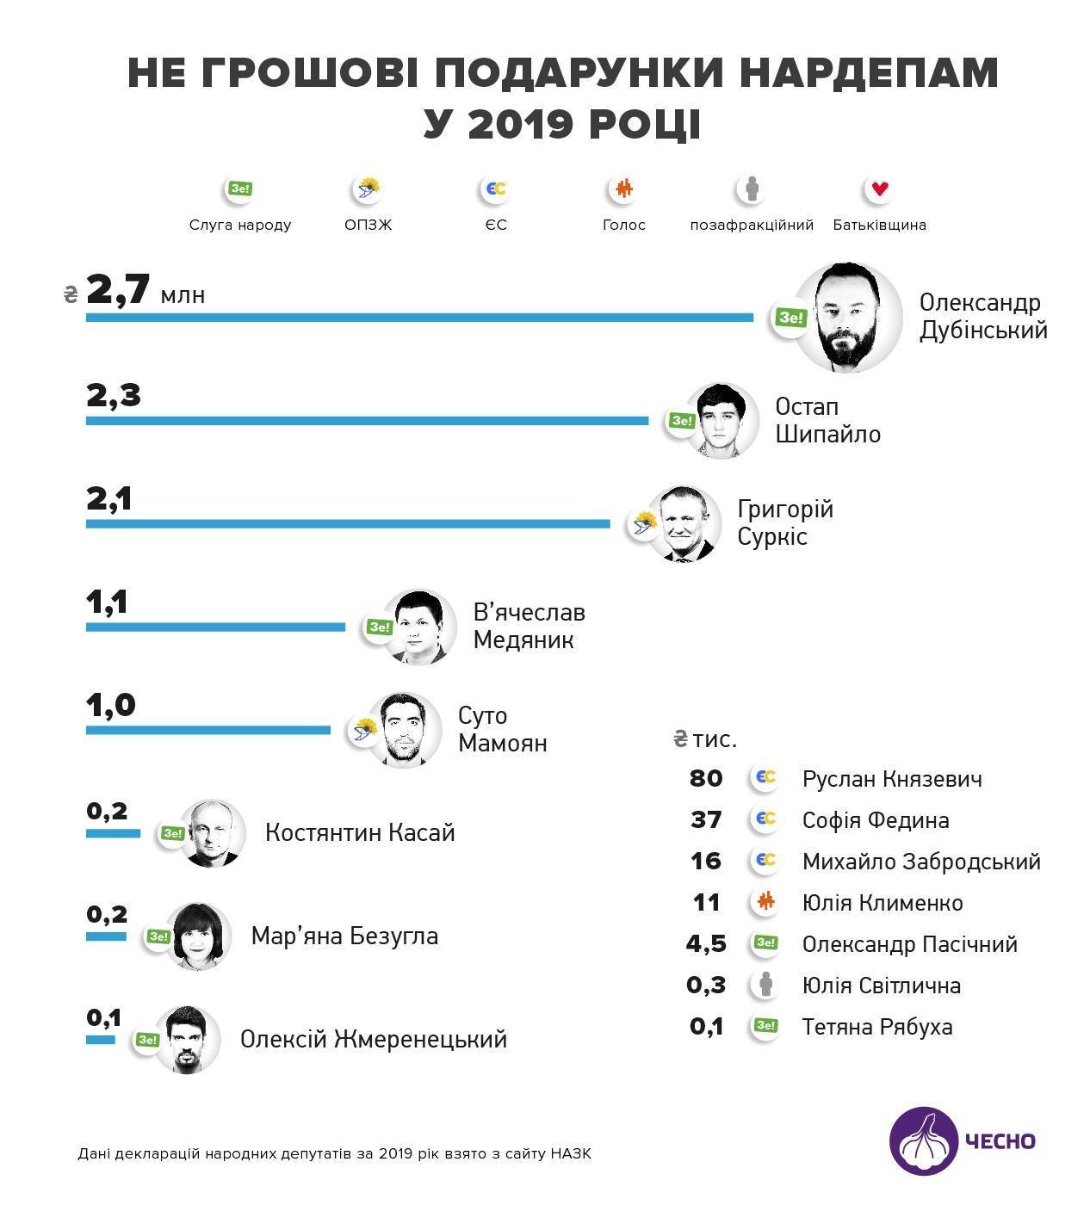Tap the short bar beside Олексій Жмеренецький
(x=100, y=1040)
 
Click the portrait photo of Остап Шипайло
(x=722, y=421)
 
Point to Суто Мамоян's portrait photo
(x=404, y=730)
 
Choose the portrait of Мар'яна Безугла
(x=197, y=936)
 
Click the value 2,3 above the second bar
(x=113, y=396)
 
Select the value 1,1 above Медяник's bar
(x=108, y=602)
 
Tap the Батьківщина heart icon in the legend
(x=879, y=189)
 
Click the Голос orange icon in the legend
(x=623, y=189)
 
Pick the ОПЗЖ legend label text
(x=368, y=226)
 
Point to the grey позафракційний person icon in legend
(x=752, y=189)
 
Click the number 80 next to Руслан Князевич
(x=706, y=778)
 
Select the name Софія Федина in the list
(x=875, y=820)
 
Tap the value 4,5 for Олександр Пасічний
(x=706, y=943)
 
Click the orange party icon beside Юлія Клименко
(x=765, y=902)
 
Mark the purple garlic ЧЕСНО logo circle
(x=923, y=1140)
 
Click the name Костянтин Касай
(x=359, y=833)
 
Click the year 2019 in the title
(x=522, y=124)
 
